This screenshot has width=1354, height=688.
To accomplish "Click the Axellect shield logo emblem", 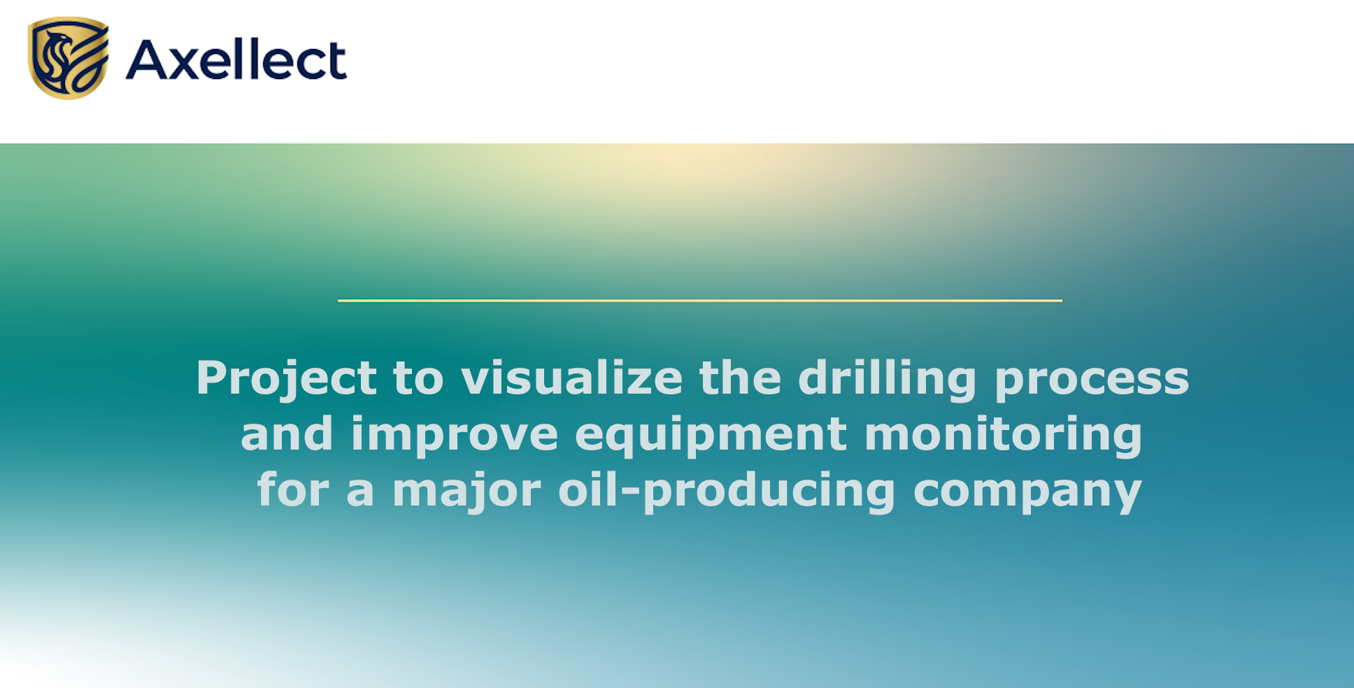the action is coord(69,58).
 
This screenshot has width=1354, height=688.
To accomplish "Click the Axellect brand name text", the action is coord(236,59).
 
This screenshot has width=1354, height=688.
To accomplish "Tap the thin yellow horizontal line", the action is coord(700,301).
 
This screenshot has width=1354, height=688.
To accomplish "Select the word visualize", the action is coord(571,378).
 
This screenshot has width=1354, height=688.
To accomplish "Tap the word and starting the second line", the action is coord(287,434).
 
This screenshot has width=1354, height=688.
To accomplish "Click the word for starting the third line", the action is coord(293,489).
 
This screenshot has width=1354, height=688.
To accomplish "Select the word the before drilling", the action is coord(740,378).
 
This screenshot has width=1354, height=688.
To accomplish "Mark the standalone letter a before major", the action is coord(360,494).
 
